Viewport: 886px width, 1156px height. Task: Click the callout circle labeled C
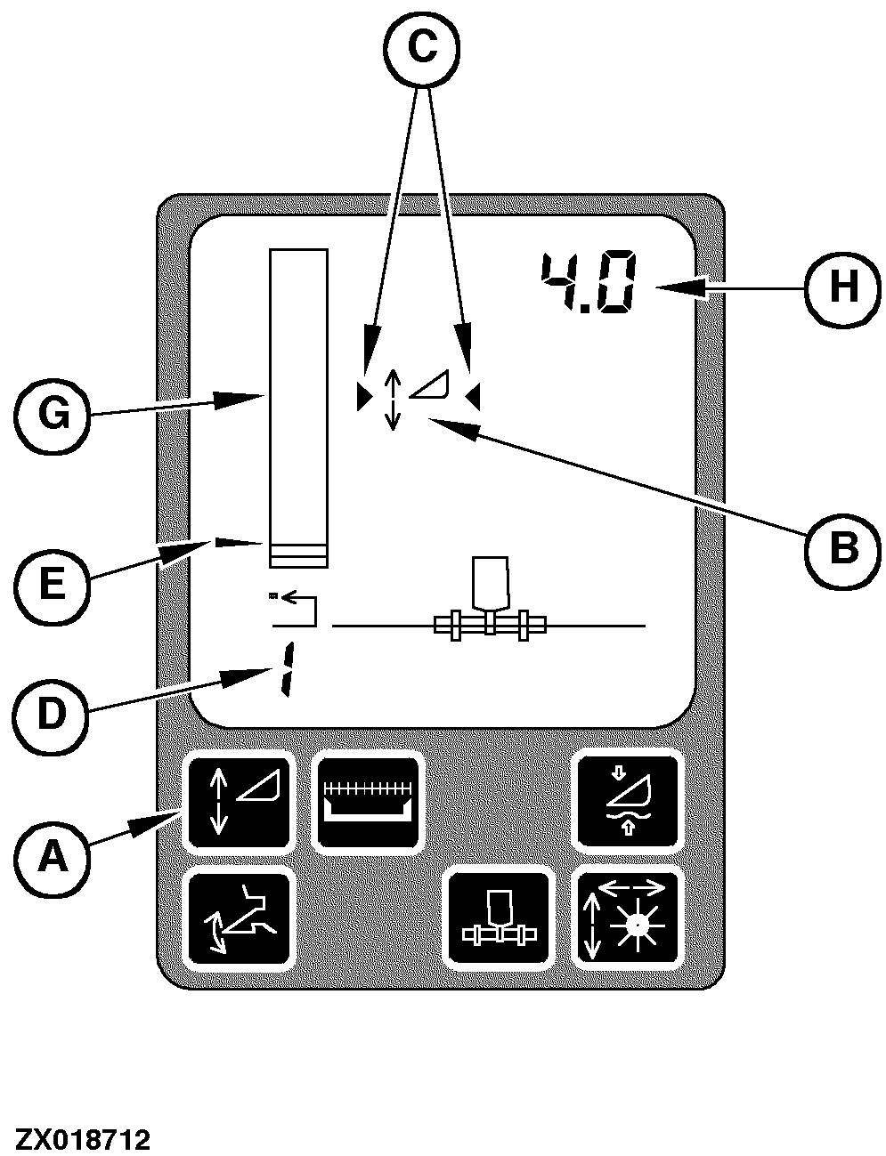pyautogui.click(x=421, y=47)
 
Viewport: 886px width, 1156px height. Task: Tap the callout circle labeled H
pyautogui.click(x=842, y=287)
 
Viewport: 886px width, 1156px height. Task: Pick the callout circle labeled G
pyautogui.click(x=52, y=416)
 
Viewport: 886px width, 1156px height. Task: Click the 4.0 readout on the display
pyautogui.click(x=588, y=282)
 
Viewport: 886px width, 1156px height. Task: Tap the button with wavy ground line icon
pyautogui.click(x=628, y=802)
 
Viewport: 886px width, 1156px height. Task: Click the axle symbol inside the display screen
pyautogui.click(x=490, y=598)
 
